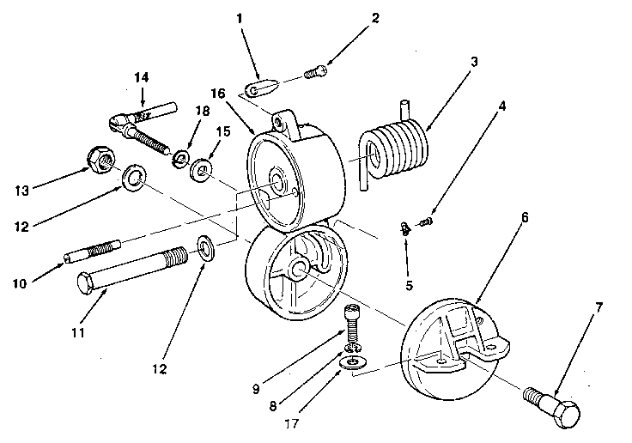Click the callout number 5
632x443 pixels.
click(410, 285)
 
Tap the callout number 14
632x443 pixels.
click(142, 78)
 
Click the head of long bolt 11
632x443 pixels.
click(85, 282)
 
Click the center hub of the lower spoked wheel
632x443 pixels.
click(297, 270)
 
